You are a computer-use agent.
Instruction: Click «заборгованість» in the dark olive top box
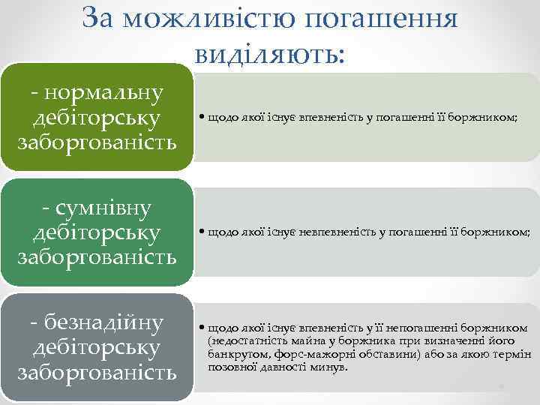(97, 142)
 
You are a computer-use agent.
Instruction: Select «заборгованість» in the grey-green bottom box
(97, 372)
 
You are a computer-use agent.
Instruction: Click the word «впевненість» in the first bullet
(325, 118)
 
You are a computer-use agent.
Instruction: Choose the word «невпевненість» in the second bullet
(330, 233)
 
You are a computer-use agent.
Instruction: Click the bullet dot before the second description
(202, 233)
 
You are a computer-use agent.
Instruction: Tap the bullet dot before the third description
(202, 328)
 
